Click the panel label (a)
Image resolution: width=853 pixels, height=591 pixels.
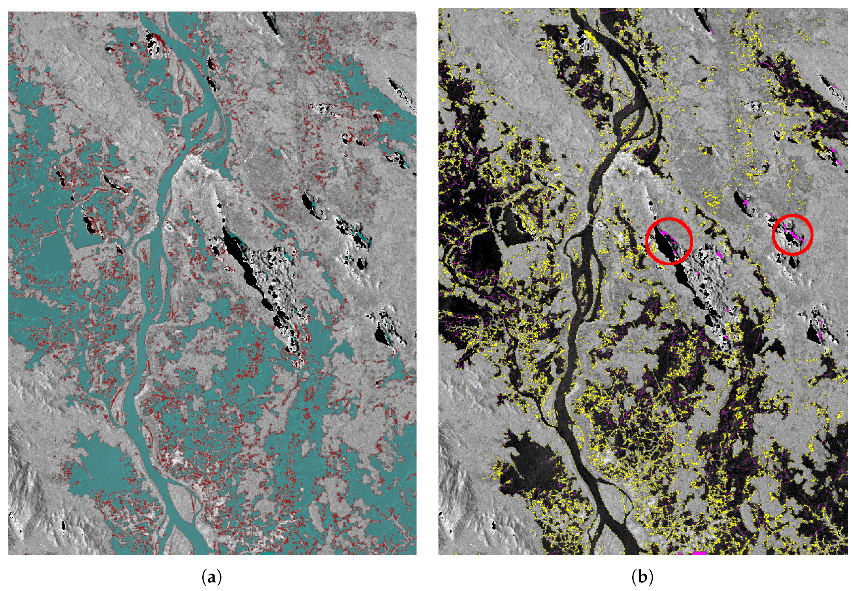[x=212, y=577]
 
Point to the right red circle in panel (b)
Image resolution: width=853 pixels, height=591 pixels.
[x=793, y=235]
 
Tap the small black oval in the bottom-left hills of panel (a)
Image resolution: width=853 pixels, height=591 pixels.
[x=63, y=525]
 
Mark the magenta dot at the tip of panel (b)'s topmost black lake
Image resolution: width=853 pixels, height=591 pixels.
[x=712, y=32]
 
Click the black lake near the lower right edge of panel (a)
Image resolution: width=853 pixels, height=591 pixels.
[x=382, y=335]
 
